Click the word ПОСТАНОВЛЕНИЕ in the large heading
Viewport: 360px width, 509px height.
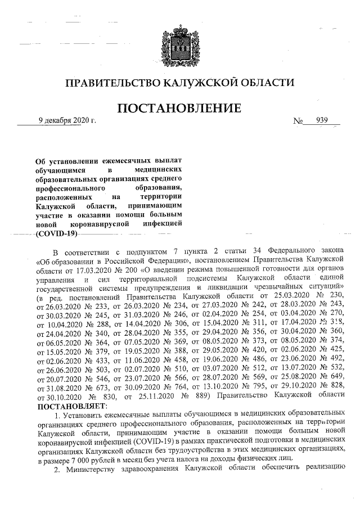pyautogui.click(x=179, y=107)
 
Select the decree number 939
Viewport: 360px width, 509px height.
pyautogui.click(x=322, y=120)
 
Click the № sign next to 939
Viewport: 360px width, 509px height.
pyautogui.click(x=300, y=120)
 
